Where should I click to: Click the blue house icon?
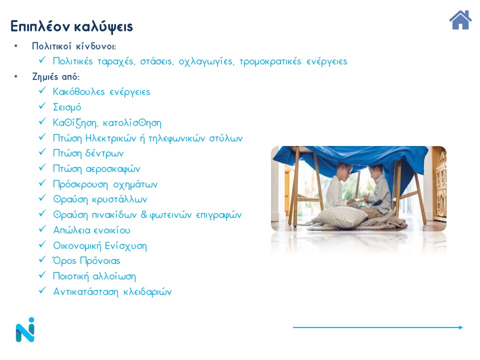point(460,20)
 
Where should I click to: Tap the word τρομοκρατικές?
point(270,61)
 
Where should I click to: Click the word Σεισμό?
point(67,107)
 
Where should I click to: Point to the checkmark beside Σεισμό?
point(42,105)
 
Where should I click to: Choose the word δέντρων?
point(104,153)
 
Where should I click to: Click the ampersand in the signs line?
point(144,214)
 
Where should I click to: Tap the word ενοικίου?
point(111,230)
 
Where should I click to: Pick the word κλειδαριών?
point(147,291)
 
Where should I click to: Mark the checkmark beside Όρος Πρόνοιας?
point(42,259)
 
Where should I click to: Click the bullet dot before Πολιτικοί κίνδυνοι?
point(16,46)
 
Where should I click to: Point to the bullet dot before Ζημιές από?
point(16,76)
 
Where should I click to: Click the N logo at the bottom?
point(25,329)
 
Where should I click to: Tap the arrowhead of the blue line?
point(461,327)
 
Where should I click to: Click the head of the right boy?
point(375,173)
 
